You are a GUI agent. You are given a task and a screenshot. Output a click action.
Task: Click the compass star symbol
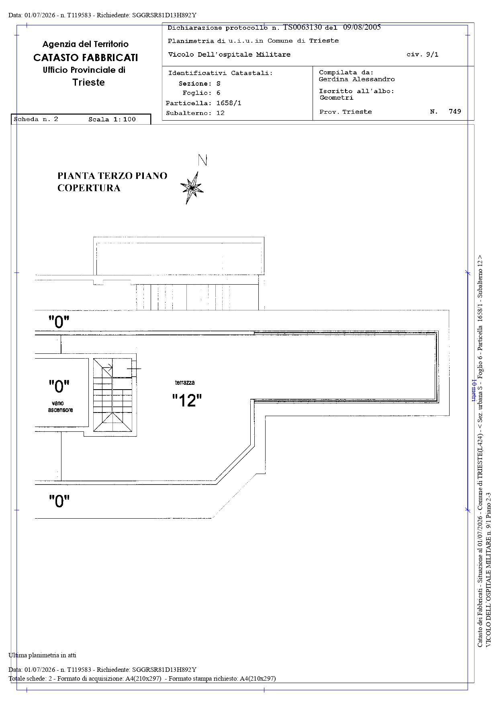192,188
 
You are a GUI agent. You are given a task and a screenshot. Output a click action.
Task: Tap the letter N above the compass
202,160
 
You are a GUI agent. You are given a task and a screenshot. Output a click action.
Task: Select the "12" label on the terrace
187,400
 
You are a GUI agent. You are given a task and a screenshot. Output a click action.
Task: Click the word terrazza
185,382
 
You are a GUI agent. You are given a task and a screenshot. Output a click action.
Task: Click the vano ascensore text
61,406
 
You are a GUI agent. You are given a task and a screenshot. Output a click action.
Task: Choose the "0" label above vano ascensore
59,387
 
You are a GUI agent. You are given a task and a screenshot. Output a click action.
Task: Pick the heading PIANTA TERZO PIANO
112,176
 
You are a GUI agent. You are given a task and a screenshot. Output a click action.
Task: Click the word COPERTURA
89,188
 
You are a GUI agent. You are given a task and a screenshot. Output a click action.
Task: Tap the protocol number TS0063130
303,27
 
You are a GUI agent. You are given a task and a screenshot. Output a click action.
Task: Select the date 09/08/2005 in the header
362,27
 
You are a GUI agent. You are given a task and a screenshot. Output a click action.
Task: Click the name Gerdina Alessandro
357,79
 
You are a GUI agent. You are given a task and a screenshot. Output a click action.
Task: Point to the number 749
455,111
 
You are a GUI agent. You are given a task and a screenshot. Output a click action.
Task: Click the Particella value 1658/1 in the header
229,103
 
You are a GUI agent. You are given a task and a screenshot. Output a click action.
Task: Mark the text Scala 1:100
112,119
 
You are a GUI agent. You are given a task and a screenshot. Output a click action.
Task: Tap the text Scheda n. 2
36,119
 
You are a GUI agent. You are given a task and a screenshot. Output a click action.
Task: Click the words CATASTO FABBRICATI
86,57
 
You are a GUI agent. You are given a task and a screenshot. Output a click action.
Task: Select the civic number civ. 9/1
422,54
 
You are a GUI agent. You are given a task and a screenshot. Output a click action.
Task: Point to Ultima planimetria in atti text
42,655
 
